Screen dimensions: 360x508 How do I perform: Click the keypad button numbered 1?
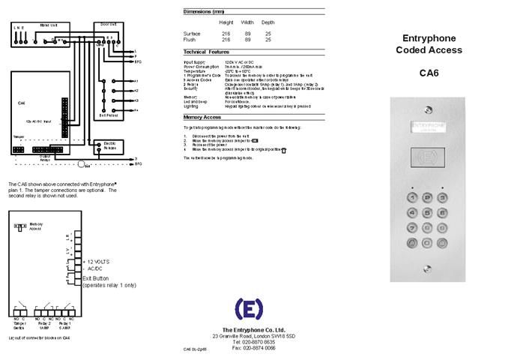point(411,197)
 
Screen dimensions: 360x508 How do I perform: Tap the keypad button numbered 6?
point(443,212)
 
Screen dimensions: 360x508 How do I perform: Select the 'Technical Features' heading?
point(206,52)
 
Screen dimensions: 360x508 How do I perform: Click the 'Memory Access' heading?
point(201,118)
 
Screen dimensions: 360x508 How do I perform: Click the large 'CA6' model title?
point(429,73)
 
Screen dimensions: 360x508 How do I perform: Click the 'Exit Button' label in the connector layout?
point(97,278)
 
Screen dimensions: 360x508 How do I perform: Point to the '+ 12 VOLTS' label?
point(94,261)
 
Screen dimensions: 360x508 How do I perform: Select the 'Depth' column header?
point(268,22)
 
